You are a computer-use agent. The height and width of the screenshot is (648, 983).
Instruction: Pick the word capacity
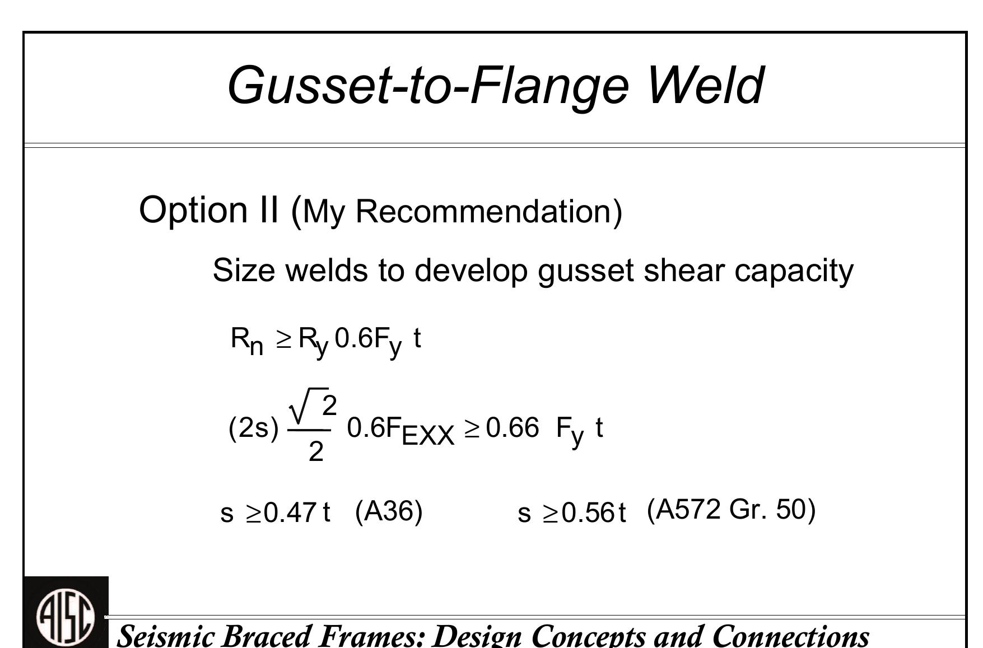click(x=794, y=271)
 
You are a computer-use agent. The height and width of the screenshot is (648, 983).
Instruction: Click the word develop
click(x=470, y=271)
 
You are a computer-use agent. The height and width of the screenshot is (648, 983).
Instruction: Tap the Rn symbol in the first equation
click(x=246, y=340)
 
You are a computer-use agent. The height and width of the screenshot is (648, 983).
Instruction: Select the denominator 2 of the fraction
click(x=316, y=451)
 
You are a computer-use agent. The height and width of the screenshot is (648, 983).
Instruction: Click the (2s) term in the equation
click(x=253, y=428)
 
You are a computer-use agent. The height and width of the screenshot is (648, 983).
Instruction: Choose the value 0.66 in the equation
click(x=513, y=428)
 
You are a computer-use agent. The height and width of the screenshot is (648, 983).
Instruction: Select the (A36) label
click(x=389, y=511)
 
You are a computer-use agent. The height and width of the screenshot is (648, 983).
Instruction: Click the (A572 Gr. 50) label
click(x=731, y=510)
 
